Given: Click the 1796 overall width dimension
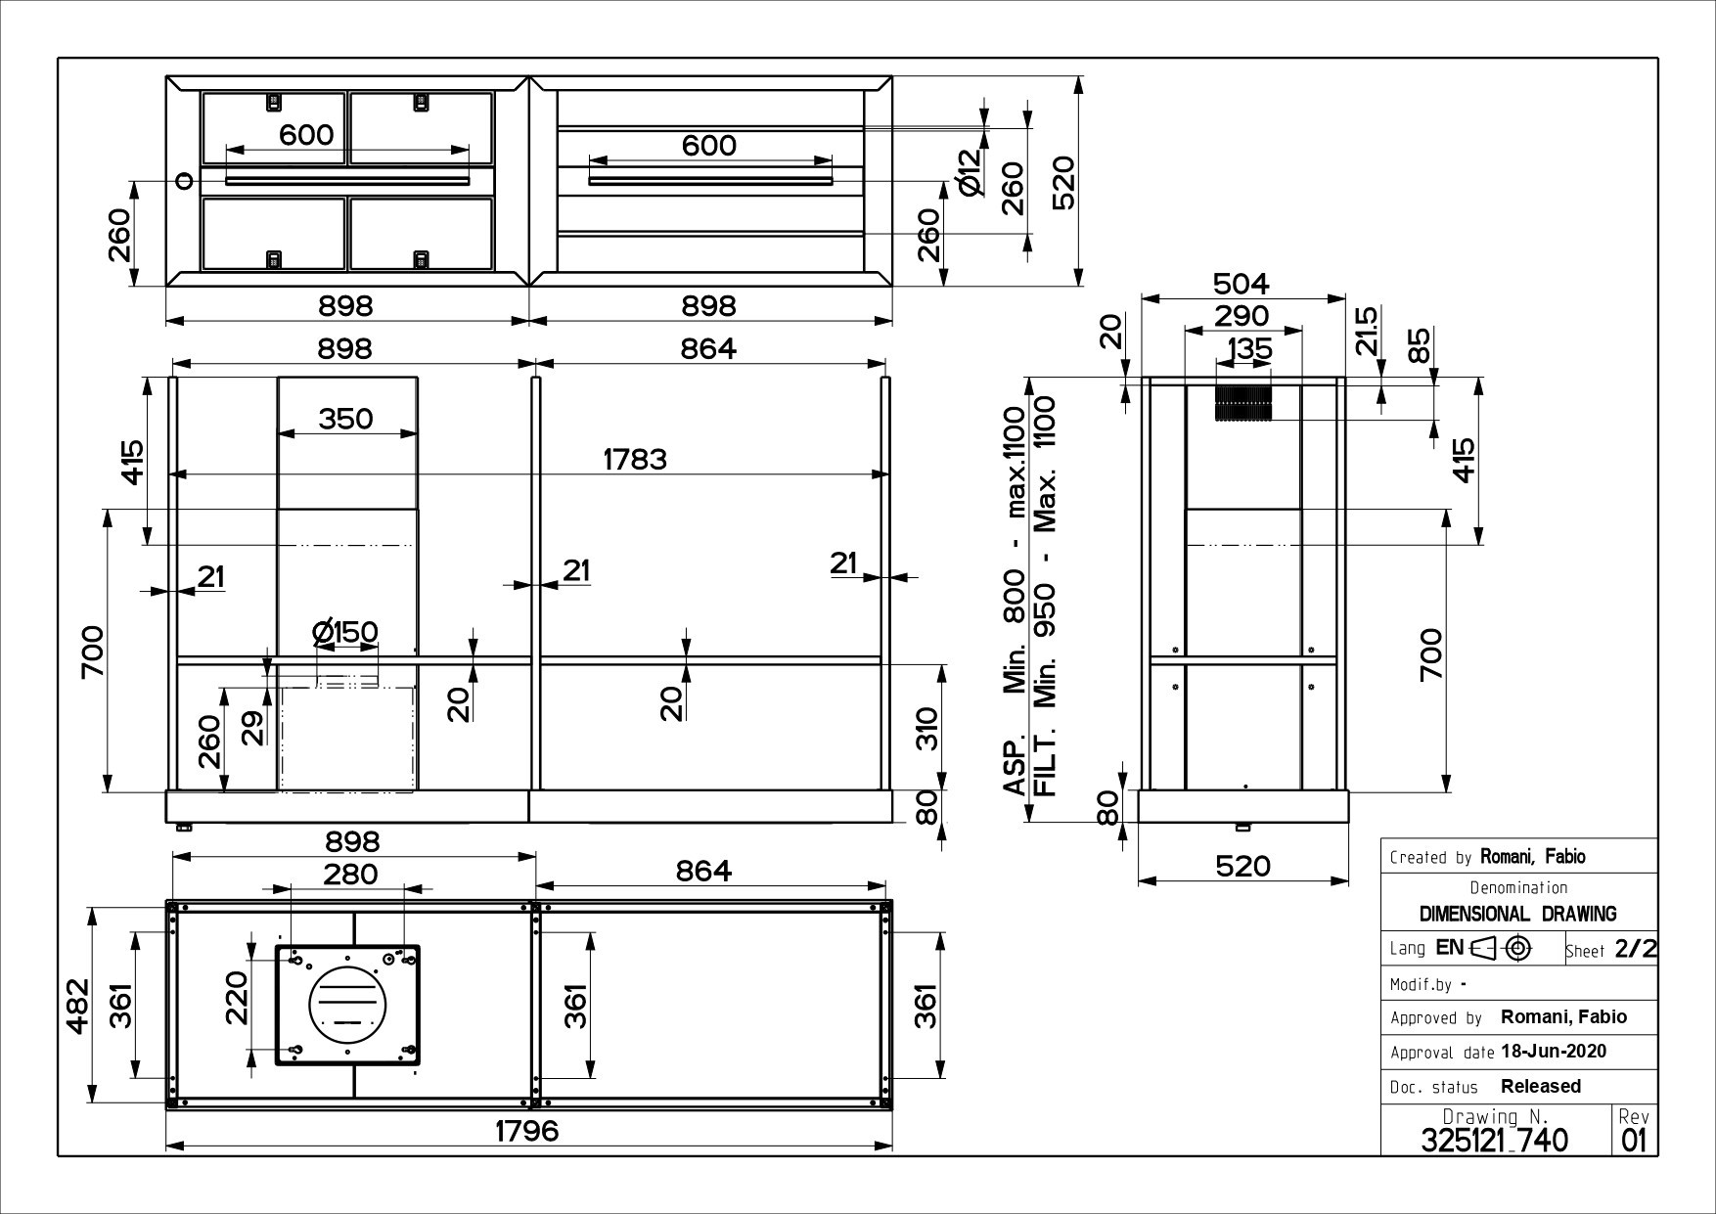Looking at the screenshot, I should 526,1131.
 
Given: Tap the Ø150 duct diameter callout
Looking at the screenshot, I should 345,633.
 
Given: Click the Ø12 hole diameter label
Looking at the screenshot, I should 969,173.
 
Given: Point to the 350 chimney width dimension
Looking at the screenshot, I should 345,419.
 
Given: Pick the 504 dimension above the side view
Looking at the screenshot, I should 1241,284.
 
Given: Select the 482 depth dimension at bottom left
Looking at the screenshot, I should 78,1005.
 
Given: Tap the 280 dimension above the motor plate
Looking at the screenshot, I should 349,874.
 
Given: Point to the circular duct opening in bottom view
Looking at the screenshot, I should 348,1005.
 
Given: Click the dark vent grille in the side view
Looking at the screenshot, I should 1243,403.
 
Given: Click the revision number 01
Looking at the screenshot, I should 1634,1141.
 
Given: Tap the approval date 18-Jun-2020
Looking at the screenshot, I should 1553,1052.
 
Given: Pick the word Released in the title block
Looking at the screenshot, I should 1540,1086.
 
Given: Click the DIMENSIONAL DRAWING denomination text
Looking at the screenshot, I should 1517,914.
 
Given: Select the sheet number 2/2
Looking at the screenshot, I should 1636,949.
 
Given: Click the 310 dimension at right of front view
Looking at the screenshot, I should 927,729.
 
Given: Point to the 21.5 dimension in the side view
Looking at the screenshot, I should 1367,331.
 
